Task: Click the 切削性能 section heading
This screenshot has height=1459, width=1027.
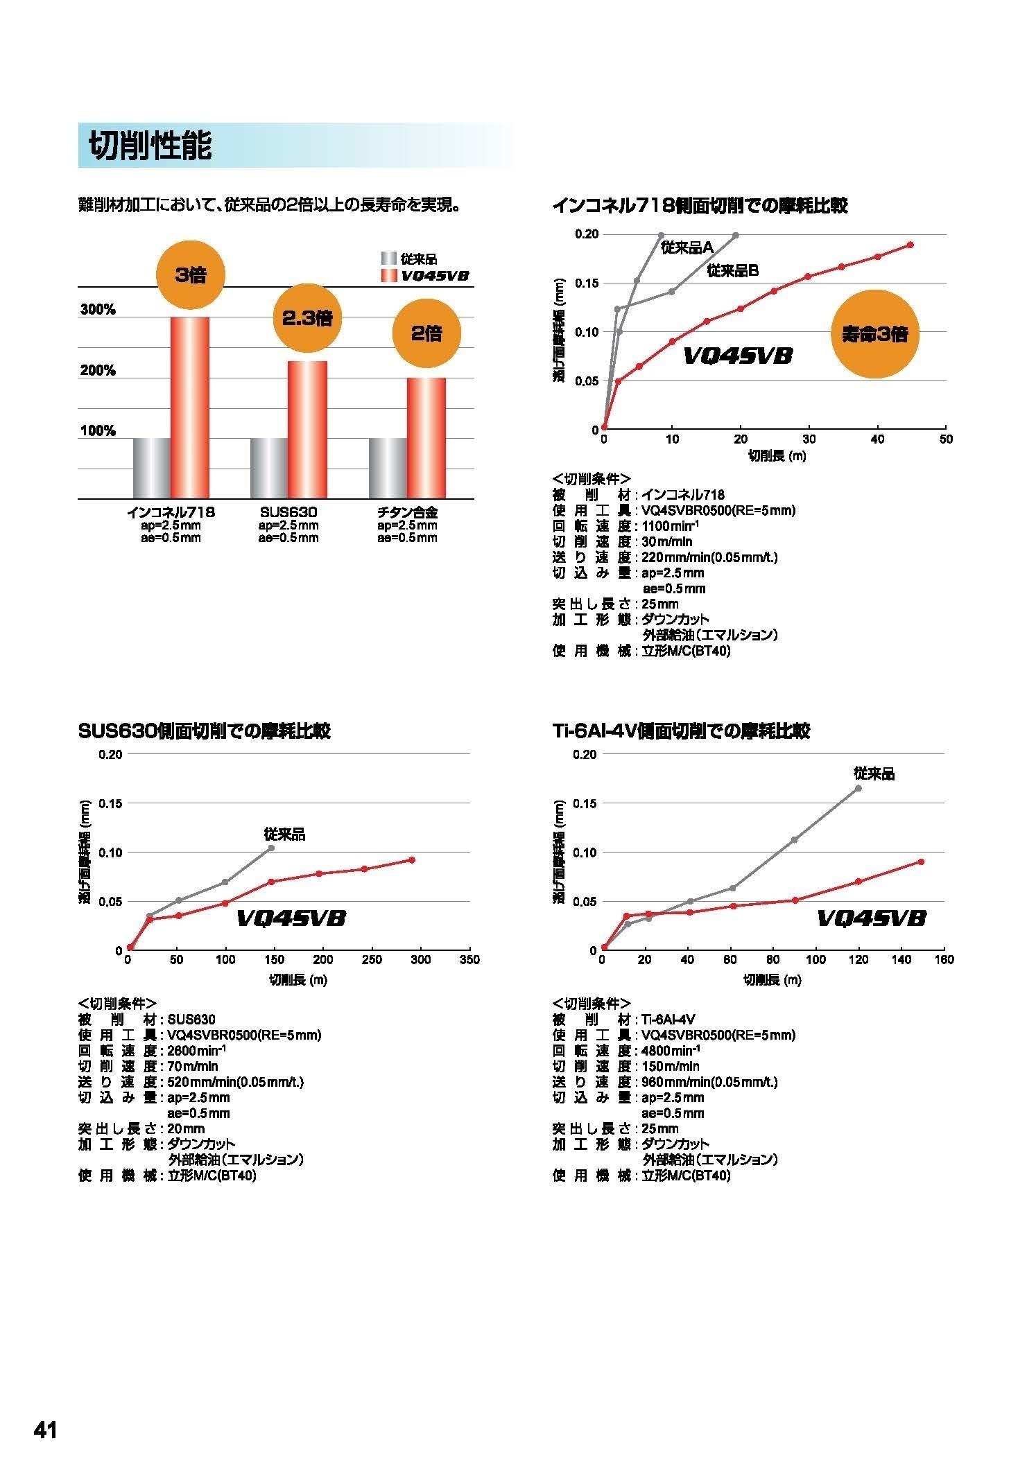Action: point(150,146)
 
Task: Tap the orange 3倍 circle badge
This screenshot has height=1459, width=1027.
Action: point(190,275)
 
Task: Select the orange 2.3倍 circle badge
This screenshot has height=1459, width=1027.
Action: point(307,318)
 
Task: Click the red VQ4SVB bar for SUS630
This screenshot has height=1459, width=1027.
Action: point(307,429)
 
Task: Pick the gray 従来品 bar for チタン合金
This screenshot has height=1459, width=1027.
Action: point(387,468)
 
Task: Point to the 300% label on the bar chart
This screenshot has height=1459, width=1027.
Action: point(98,310)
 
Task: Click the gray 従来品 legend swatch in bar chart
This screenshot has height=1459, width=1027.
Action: point(388,259)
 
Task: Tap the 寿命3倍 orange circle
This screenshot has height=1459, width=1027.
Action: point(874,335)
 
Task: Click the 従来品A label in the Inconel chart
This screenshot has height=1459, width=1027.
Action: point(687,247)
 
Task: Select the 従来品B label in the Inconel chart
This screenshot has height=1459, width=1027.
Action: point(732,271)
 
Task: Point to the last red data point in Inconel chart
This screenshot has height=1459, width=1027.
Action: point(910,245)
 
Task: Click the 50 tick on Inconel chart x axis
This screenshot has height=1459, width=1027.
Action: point(946,439)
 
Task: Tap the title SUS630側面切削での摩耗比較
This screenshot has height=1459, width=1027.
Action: point(205,731)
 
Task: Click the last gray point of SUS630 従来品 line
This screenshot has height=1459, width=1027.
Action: point(271,848)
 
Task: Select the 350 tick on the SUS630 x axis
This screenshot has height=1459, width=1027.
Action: point(469,959)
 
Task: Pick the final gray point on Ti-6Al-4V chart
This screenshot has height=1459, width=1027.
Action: point(858,788)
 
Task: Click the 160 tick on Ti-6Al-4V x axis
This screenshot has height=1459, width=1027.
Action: point(944,959)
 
